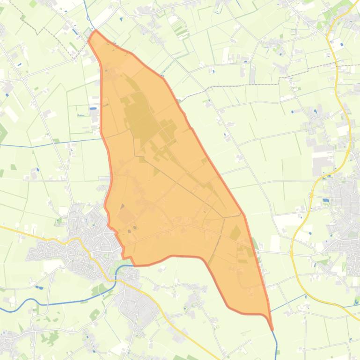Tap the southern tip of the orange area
pyautogui.click(x=272, y=329)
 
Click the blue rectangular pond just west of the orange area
pyautogui.click(x=93, y=108)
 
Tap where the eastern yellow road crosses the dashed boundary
pyautogui.click(x=337, y=65)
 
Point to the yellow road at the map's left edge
pyautogui.click(x=4, y=228)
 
